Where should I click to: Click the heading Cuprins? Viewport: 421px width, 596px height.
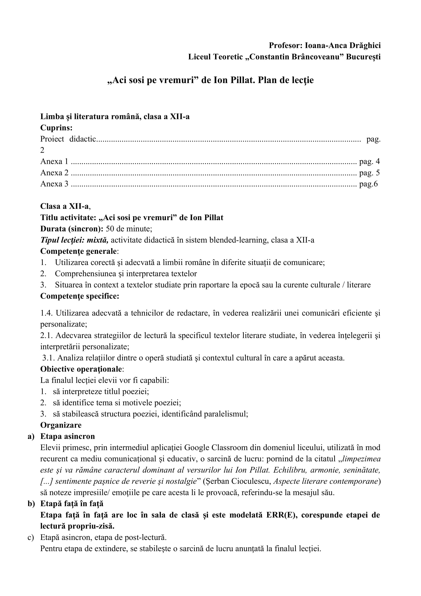[56, 128]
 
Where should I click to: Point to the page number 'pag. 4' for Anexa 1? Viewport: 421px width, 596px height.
[369, 162]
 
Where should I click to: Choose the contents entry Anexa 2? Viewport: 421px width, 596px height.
[54, 173]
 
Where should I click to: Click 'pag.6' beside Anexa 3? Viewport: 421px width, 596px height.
[368, 184]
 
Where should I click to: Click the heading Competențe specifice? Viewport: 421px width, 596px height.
[80, 296]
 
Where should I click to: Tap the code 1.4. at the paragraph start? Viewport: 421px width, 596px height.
[47, 313]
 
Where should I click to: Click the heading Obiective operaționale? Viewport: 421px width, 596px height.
[81, 369]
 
